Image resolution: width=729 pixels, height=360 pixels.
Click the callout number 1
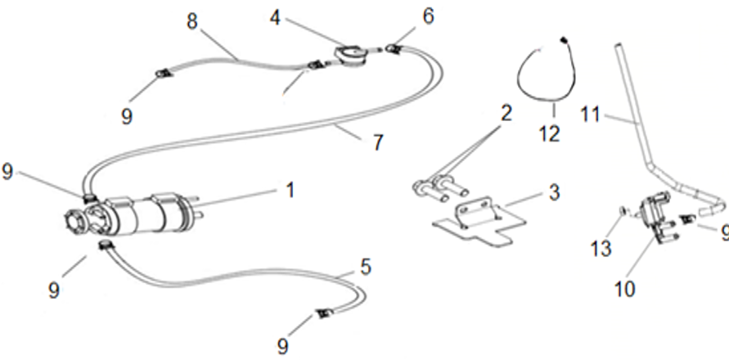click(290, 190)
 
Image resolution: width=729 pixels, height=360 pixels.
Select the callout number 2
click(506, 113)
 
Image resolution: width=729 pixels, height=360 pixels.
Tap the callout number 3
click(554, 192)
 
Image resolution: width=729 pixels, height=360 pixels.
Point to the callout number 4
click(276, 18)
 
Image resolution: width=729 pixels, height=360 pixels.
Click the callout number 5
click(366, 268)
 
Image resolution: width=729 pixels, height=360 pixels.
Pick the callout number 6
click(428, 16)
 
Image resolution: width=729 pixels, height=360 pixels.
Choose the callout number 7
click(378, 143)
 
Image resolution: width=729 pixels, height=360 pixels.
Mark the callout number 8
click(192, 22)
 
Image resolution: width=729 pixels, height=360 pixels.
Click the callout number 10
click(624, 290)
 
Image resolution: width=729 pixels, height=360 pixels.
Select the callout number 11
click(591, 114)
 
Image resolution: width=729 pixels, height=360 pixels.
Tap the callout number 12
click(550, 134)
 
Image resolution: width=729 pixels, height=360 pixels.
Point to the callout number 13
click(601, 249)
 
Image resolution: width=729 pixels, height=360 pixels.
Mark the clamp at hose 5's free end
click(322, 314)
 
